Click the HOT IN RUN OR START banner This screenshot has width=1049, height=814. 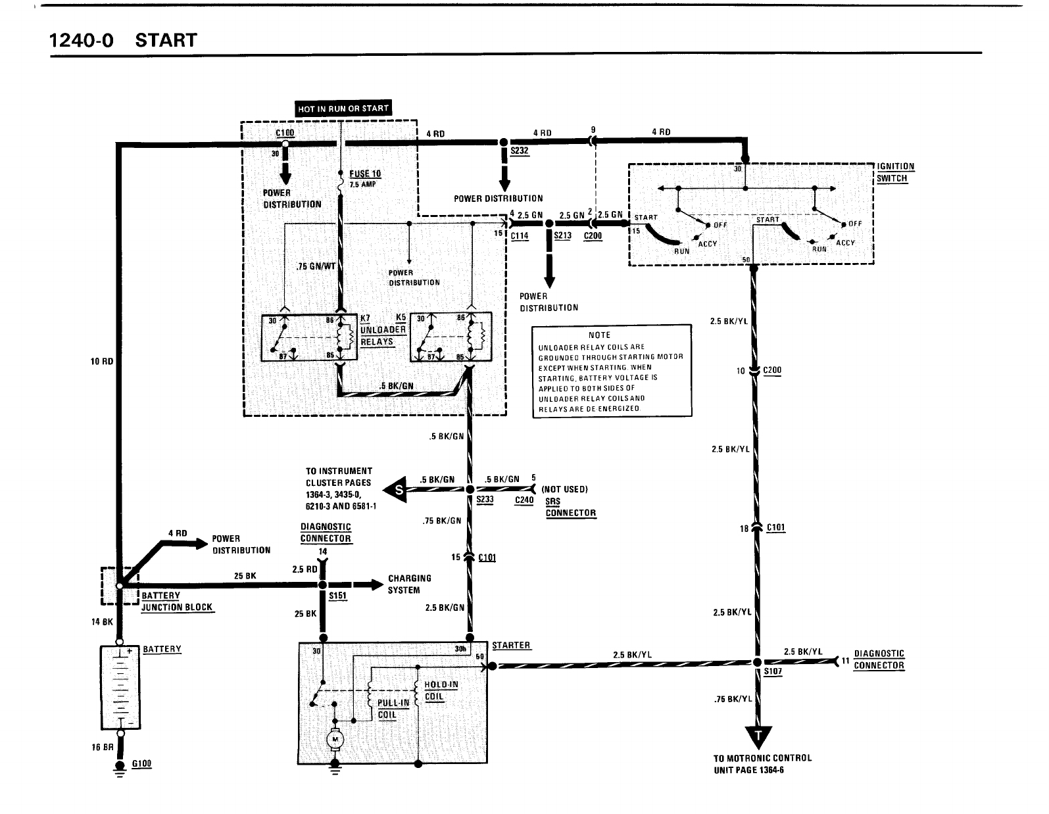[x=343, y=109]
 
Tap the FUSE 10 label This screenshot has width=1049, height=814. [x=365, y=174]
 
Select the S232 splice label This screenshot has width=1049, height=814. [x=520, y=151]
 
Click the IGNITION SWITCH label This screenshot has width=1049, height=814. [x=895, y=172]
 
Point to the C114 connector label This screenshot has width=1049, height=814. [x=520, y=236]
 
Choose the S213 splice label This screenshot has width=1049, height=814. [x=562, y=236]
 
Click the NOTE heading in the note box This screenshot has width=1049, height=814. [x=599, y=335]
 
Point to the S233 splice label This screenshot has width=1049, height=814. [x=484, y=500]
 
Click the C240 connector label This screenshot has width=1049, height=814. [x=524, y=500]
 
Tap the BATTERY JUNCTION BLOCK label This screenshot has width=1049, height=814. [x=177, y=602]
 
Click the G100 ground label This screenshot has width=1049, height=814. [x=141, y=763]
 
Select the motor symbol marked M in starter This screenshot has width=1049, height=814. [x=335, y=740]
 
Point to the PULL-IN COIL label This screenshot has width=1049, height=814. [x=393, y=709]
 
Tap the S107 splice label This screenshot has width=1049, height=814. [x=773, y=672]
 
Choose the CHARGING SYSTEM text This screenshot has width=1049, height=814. [x=409, y=584]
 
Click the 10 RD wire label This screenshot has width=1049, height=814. [x=102, y=361]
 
